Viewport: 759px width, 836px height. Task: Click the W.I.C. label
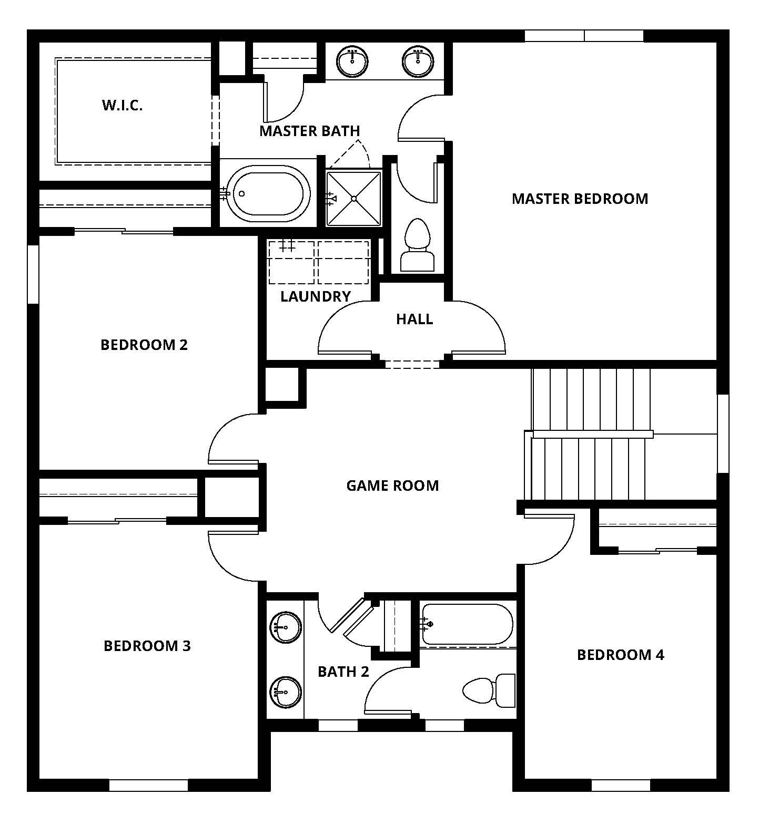[122, 106]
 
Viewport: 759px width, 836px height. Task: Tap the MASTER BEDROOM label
[580, 199]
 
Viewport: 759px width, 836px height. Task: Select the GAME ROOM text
[392, 485]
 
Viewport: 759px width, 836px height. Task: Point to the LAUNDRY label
[315, 296]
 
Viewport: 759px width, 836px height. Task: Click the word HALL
[414, 319]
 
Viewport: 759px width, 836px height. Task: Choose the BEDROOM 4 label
[620, 655]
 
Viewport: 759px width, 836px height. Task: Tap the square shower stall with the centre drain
[354, 198]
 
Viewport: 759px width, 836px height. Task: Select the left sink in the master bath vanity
[352, 61]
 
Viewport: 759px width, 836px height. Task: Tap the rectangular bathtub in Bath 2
[467, 624]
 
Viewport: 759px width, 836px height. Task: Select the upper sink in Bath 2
[286, 627]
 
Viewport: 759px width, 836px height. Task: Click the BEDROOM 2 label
[144, 345]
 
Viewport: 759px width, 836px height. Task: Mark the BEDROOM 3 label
[147, 646]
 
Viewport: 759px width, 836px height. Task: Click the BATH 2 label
[343, 672]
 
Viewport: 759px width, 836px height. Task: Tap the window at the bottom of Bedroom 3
[148, 785]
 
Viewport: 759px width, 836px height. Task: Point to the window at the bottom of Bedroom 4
[621, 785]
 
